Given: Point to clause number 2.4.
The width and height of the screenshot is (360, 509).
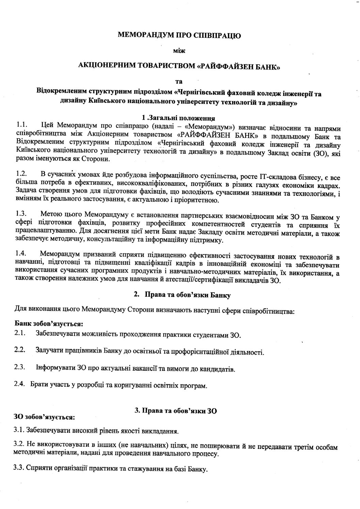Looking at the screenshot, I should (20, 384).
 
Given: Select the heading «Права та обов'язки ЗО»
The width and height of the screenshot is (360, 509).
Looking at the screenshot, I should (176, 411).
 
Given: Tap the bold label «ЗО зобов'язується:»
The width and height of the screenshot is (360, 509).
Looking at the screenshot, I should (44, 416).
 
